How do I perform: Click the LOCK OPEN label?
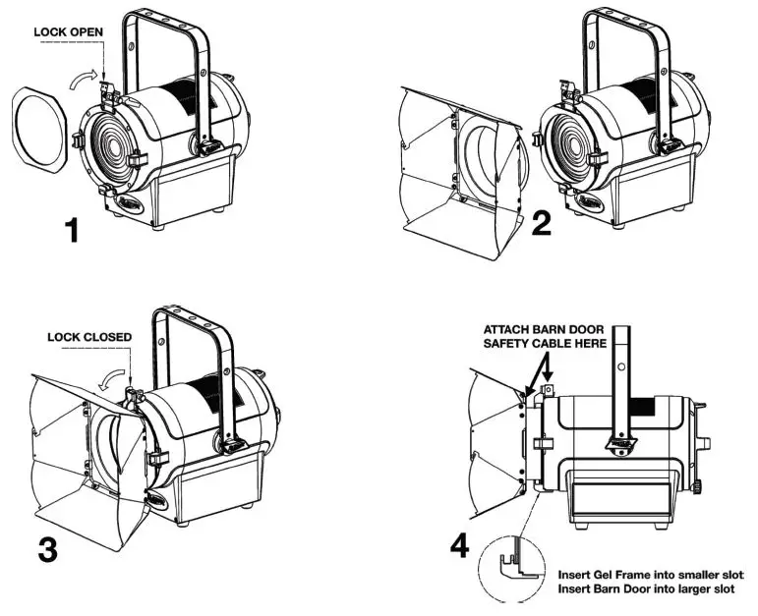pos(69,32)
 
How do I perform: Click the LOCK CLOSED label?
pos(89,337)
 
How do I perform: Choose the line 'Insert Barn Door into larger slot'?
pos(648,589)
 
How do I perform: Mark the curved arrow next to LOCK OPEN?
pos(86,78)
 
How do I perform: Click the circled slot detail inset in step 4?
pos(516,571)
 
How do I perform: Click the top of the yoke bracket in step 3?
pos(192,312)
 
